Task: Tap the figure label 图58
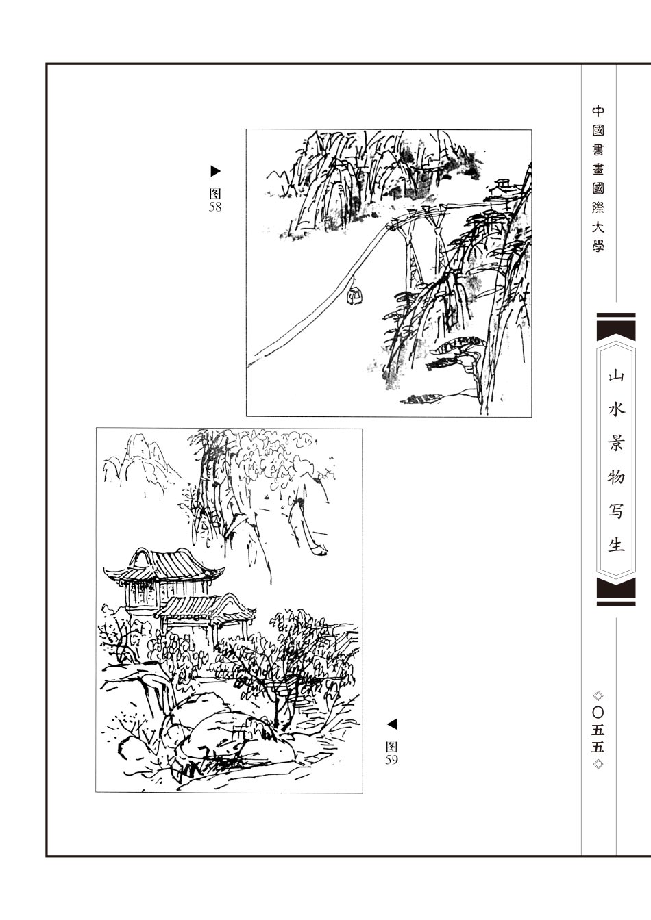(215, 201)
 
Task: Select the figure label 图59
(391, 753)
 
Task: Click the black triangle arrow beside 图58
(215, 171)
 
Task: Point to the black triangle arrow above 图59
(392, 724)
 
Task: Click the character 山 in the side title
(615, 375)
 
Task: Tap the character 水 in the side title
(615, 409)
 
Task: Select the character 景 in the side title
(615, 443)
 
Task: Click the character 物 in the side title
(615, 477)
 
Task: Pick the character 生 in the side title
(615, 545)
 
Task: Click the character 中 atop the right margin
(598, 112)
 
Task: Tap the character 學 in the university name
(598, 246)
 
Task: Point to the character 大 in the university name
(598, 227)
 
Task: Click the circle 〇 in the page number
(598, 713)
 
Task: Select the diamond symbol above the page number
(598, 696)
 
